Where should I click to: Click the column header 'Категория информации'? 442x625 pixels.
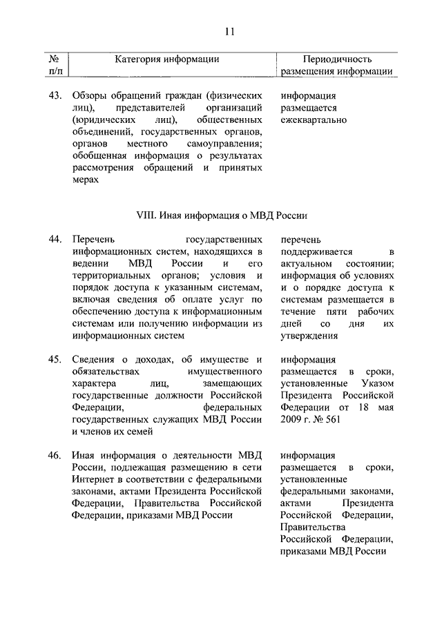click(x=167, y=59)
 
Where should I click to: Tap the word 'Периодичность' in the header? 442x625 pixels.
click(x=337, y=59)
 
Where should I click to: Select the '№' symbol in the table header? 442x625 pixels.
click(x=53, y=59)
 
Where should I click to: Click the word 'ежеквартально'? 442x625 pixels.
click(x=314, y=121)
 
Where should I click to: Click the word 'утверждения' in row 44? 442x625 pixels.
click(x=309, y=336)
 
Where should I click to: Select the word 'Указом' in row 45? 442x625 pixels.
click(x=376, y=384)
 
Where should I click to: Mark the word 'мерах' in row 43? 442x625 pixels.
click(x=85, y=180)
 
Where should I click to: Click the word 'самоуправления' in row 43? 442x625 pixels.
click(x=226, y=144)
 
